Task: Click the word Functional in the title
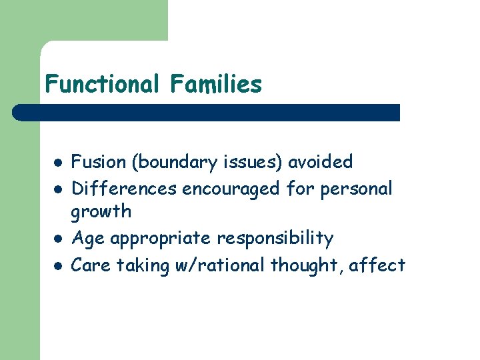point(102,85)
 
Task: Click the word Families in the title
point(215,85)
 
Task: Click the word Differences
point(124,189)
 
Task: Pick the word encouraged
point(231,189)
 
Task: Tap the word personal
point(357,189)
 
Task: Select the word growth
point(101,212)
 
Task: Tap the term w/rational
point(219,265)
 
